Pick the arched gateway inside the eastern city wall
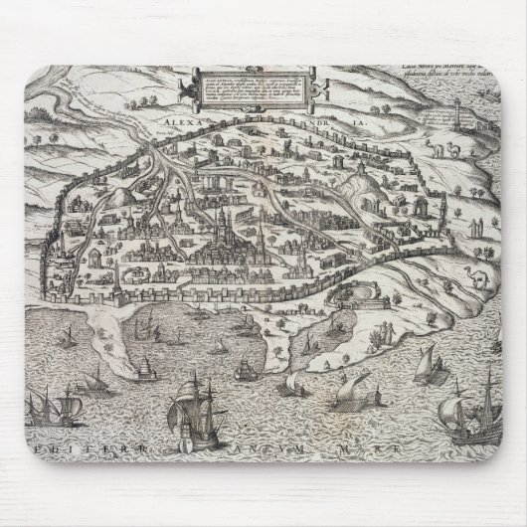(x=382, y=237)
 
